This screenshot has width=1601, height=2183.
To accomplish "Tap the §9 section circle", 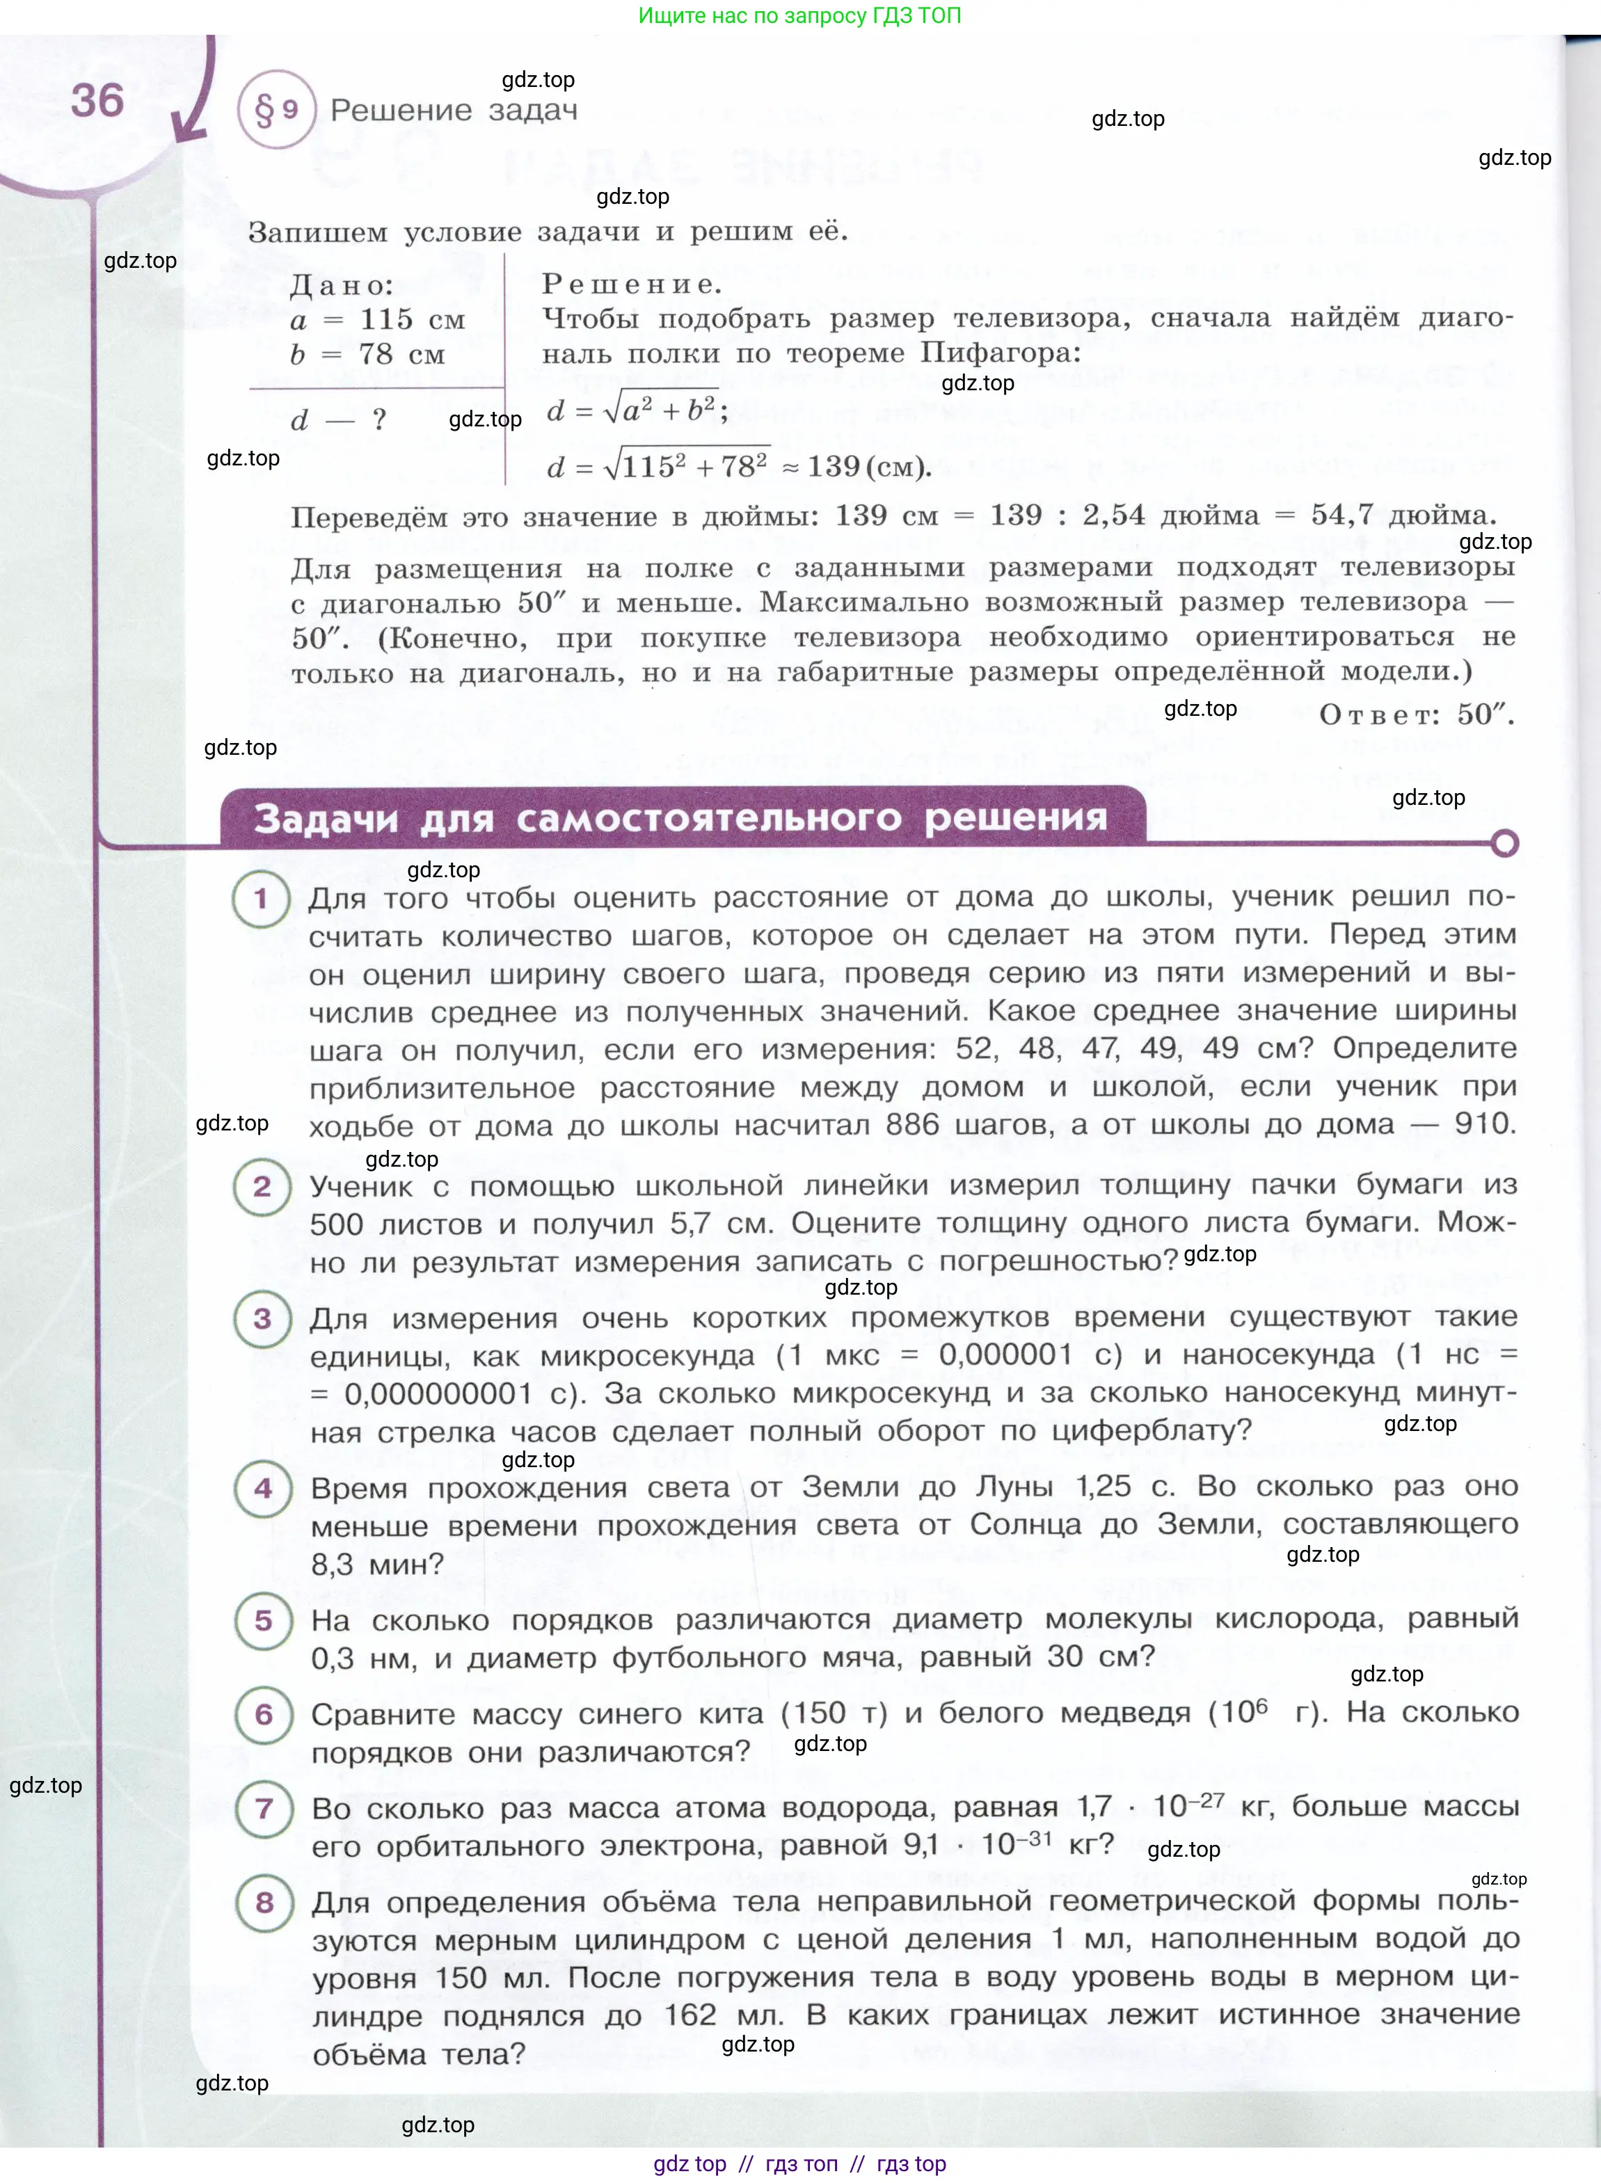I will pyautogui.click(x=276, y=111).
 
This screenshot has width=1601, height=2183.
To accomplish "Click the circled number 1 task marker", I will pyautogui.click(x=261, y=899).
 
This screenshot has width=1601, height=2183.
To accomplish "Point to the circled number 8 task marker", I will pyautogui.click(x=264, y=1902).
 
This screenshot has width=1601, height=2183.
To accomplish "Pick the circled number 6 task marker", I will pyautogui.click(x=264, y=1714).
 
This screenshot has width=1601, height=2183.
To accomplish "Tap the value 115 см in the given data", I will pyautogui.click(x=412, y=320).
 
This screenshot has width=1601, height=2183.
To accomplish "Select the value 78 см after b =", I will pyautogui.click(x=401, y=355).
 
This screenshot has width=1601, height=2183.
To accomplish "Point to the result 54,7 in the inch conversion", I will pyautogui.click(x=1342, y=515).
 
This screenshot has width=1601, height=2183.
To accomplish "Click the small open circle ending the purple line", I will pyautogui.click(x=1504, y=844).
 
